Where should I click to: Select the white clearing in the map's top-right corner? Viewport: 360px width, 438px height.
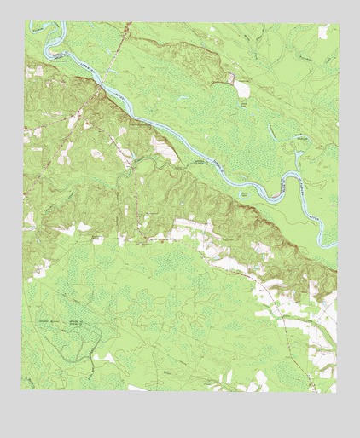tap(323, 32)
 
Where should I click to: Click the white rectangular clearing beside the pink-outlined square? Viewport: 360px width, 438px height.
tap(243, 88)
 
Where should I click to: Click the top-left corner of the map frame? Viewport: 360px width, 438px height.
tap(24, 21)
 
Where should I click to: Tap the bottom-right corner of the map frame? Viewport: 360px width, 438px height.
tap(336, 393)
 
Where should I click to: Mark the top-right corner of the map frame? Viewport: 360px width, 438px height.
tap(336, 21)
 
